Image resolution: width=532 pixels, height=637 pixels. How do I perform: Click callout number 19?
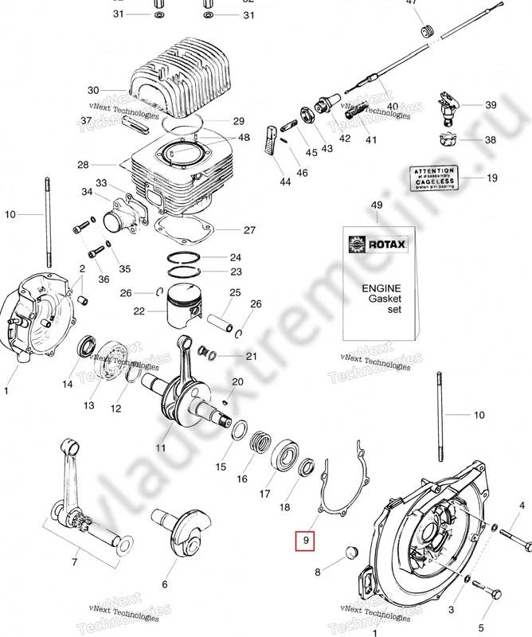click(491, 178)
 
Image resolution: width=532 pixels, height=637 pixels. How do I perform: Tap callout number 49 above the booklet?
click(377, 206)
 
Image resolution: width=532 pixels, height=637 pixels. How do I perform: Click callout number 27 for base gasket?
click(248, 230)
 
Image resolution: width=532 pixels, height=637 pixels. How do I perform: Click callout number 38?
click(490, 140)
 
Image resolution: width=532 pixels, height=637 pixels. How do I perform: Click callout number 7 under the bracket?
click(75, 562)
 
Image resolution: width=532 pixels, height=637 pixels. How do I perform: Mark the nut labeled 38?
click(448, 142)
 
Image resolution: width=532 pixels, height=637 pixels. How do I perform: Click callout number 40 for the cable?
click(392, 106)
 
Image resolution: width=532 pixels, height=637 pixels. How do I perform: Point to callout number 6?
click(164, 584)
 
